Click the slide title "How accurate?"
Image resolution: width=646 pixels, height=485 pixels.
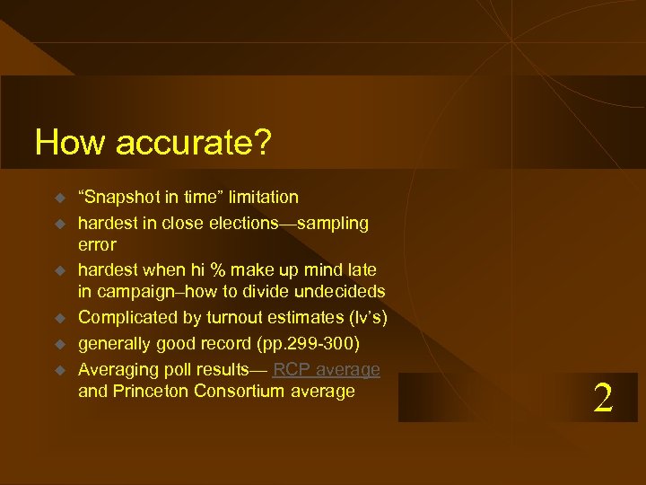(153, 142)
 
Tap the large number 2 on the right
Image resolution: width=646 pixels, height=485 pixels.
(603, 398)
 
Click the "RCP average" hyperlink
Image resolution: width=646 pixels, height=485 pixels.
(327, 369)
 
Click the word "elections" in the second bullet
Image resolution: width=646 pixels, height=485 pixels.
(240, 222)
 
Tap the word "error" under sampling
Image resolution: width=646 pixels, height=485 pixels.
(97, 244)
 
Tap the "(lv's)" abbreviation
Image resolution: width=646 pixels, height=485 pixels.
(365, 317)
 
